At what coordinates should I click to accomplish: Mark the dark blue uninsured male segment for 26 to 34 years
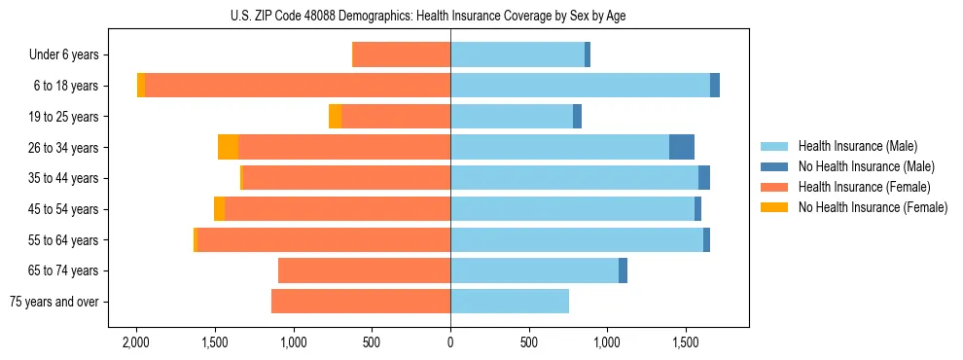pos(682,147)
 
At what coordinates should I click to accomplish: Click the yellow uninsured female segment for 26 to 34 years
pos(228,147)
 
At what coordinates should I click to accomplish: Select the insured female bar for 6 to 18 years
pos(297,86)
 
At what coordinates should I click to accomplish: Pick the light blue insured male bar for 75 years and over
pos(510,302)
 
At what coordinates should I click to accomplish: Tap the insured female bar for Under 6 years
pos(401,54)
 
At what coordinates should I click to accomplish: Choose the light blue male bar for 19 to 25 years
pos(512,117)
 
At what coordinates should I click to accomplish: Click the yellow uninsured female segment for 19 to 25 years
pos(335,117)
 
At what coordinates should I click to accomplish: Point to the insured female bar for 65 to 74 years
pos(364,270)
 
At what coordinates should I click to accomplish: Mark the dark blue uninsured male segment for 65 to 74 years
pos(623,270)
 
